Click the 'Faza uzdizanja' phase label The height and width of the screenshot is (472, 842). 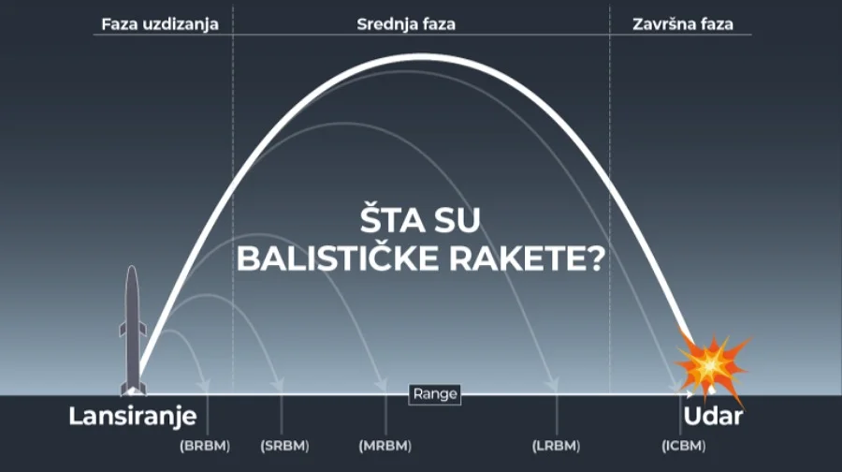(x=159, y=23)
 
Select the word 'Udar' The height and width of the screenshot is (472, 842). (x=712, y=417)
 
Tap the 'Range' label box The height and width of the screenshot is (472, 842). (x=435, y=393)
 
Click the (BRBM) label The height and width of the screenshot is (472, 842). (x=206, y=446)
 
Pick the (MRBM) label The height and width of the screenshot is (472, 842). (x=385, y=446)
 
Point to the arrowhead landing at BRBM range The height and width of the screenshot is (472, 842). (x=207, y=384)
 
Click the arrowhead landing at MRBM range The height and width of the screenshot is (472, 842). (x=383, y=384)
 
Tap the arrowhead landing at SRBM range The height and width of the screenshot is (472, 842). (x=280, y=384)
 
